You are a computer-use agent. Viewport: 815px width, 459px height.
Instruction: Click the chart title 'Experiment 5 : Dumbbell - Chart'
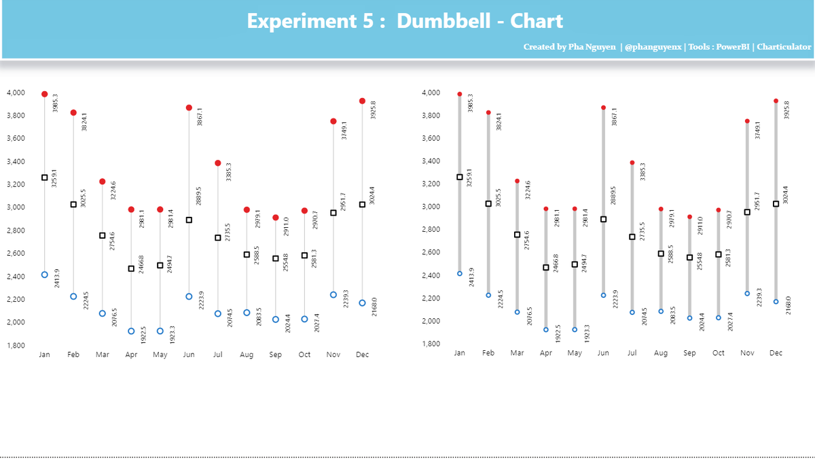(x=405, y=21)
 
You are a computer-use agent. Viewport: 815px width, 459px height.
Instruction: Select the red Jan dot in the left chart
(x=45, y=95)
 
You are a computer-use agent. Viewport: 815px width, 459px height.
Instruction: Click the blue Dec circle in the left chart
(x=362, y=303)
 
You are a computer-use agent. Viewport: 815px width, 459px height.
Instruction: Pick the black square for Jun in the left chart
(x=189, y=220)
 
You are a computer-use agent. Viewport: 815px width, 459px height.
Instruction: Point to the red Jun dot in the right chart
(x=603, y=107)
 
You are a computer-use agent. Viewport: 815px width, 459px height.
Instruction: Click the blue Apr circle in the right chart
(x=545, y=330)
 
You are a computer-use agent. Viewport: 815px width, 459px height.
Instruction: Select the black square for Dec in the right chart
(x=776, y=204)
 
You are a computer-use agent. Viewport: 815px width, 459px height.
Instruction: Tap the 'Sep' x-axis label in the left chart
(x=275, y=355)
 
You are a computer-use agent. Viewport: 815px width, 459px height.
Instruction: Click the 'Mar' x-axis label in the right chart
(x=517, y=353)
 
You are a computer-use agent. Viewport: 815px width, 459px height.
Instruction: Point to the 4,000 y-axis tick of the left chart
(x=16, y=92)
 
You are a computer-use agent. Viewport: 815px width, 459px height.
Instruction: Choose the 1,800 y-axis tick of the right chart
(x=431, y=344)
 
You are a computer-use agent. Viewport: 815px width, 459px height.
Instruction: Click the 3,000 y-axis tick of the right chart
(x=431, y=207)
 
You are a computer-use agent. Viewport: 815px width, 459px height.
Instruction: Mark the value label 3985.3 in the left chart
(x=55, y=103)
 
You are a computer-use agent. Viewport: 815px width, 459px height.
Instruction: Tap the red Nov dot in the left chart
(x=333, y=121)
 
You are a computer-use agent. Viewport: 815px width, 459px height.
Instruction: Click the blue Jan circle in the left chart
(x=45, y=275)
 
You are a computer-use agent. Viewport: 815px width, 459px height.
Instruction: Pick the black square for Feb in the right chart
(x=488, y=204)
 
